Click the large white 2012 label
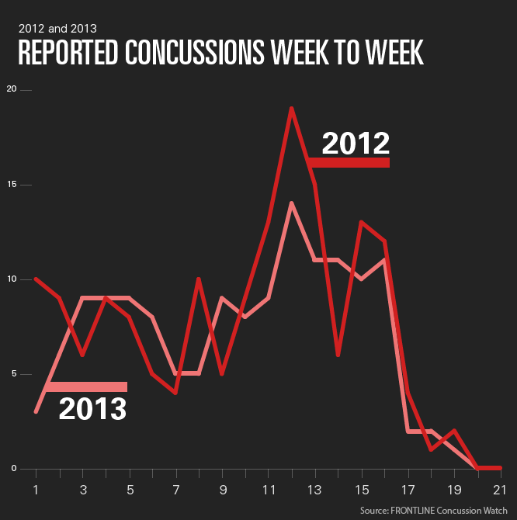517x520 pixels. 355,143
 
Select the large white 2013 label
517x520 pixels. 92,408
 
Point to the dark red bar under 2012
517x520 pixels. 349,162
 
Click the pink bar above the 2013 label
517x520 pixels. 86,387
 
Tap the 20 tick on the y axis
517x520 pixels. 11,89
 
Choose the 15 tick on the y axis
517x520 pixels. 11,185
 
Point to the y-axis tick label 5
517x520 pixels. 12,374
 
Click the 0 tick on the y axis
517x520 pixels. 12,469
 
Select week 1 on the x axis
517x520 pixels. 36,490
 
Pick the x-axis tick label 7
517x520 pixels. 176,490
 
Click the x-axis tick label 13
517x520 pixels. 314,490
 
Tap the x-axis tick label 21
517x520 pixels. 501,490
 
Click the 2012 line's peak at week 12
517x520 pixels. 291,109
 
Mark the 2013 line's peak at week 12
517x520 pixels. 291,203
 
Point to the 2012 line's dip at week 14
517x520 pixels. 338,355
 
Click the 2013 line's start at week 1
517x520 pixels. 36,411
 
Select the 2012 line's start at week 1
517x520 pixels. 36,279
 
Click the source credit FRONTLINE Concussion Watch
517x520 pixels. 435,510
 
